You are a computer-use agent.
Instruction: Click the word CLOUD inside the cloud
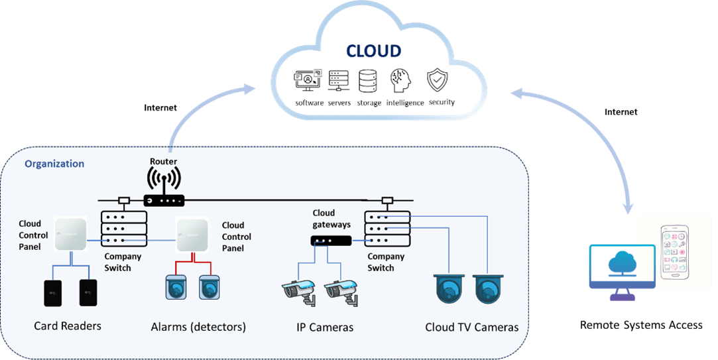pyautogui.click(x=373, y=51)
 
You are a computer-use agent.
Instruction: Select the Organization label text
pyautogui.click(x=54, y=164)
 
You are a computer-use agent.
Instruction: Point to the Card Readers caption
pyautogui.click(x=68, y=326)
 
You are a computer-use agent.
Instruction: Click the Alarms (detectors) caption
pyautogui.click(x=198, y=327)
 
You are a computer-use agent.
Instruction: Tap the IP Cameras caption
pyautogui.click(x=324, y=327)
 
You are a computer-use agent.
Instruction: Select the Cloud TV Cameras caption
pyautogui.click(x=471, y=327)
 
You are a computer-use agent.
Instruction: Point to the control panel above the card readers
pyautogui.click(x=70, y=235)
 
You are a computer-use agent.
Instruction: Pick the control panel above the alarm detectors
pyautogui.click(x=192, y=235)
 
